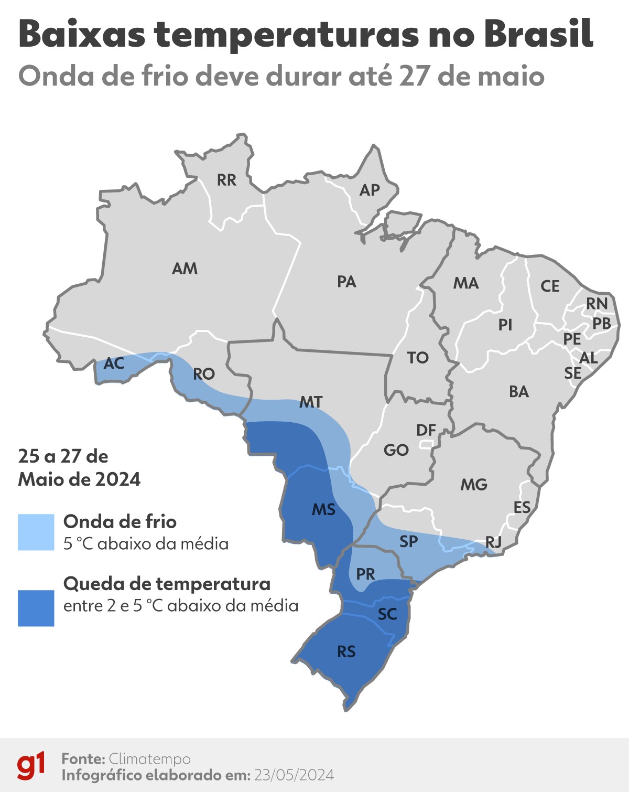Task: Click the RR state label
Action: click(226, 180)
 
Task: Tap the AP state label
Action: click(370, 190)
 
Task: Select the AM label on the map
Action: click(185, 269)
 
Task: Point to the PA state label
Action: click(346, 282)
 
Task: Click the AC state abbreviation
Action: click(114, 363)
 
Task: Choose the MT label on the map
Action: click(311, 402)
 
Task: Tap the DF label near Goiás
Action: click(426, 430)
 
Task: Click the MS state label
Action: click(323, 509)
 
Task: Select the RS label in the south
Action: click(346, 651)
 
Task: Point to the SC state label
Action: click(387, 614)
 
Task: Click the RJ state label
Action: click(493, 542)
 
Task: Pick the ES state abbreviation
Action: click(522, 507)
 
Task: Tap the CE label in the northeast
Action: click(550, 286)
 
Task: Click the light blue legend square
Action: click(36, 532)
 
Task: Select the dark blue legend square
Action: click(36, 608)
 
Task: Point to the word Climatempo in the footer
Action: click(149, 759)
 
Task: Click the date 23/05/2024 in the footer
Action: click(294, 775)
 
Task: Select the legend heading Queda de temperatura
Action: click(167, 583)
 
